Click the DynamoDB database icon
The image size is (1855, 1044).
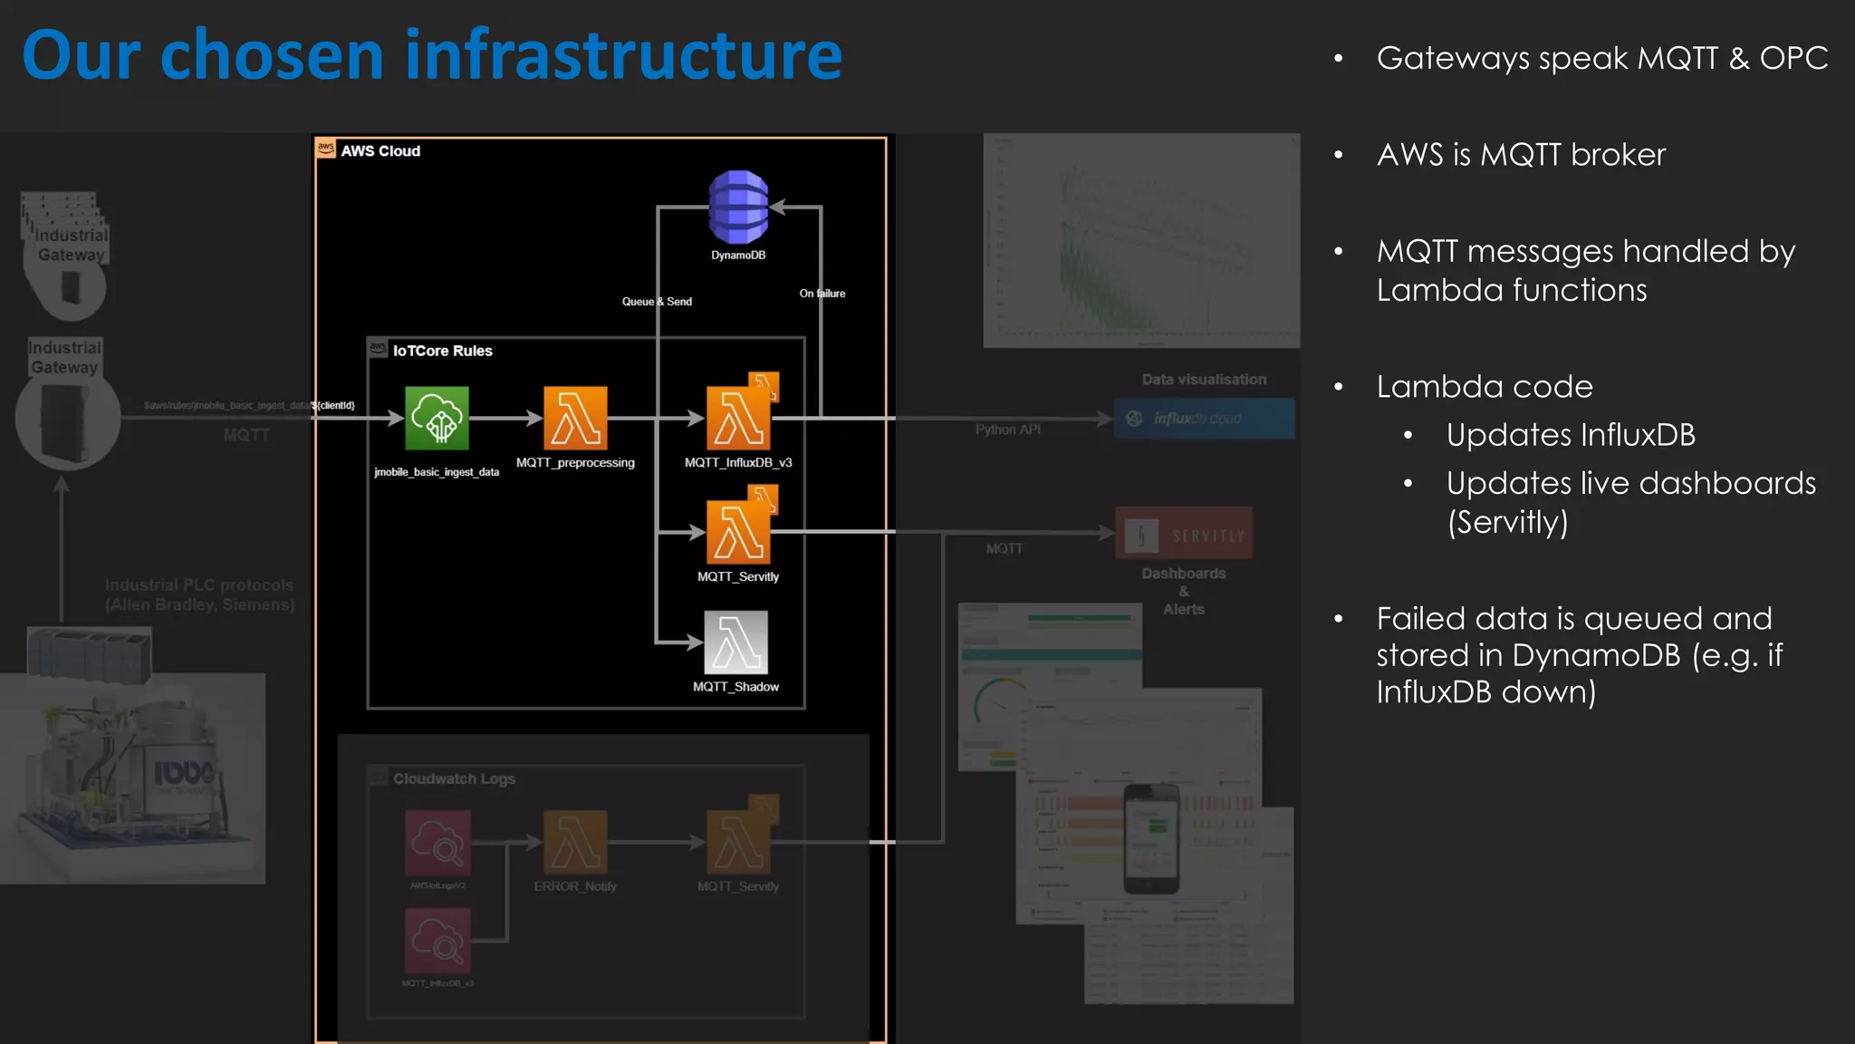pyautogui.click(x=738, y=207)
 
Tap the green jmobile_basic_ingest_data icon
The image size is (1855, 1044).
pyautogui.click(x=437, y=418)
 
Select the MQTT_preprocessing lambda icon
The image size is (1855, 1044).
pyautogui.click(x=575, y=418)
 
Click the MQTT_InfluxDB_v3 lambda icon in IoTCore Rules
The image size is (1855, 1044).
pyautogui.click(x=738, y=418)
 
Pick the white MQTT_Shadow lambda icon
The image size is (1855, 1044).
pyautogui.click(x=736, y=642)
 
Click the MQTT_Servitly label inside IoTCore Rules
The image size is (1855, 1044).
pyautogui.click(x=737, y=576)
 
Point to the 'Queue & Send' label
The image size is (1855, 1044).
pyautogui.click(x=657, y=302)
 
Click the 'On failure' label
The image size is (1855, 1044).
pyautogui.click(x=822, y=294)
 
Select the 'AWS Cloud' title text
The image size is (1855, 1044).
pyautogui.click(x=380, y=151)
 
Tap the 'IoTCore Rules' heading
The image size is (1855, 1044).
pyautogui.click(x=442, y=351)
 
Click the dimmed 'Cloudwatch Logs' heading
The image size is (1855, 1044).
pyautogui.click(x=454, y=778)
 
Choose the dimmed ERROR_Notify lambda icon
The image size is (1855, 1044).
pyautogui.click(x=575, y=842)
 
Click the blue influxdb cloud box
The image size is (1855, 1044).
pyautogui.click(x=1204, y=419)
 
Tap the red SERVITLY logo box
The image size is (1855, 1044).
pyautogui.click(x=1184, y=535)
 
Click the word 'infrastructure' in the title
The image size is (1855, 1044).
pyautogui.click(x=623, y=56)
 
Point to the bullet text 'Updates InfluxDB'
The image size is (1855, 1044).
pyautogui.click(x=1571, y=435)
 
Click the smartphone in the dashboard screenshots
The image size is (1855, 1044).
pyautogui.click(x=1151, y=838)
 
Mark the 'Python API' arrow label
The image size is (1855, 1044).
pyautogui.click(x=1007, y=430)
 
